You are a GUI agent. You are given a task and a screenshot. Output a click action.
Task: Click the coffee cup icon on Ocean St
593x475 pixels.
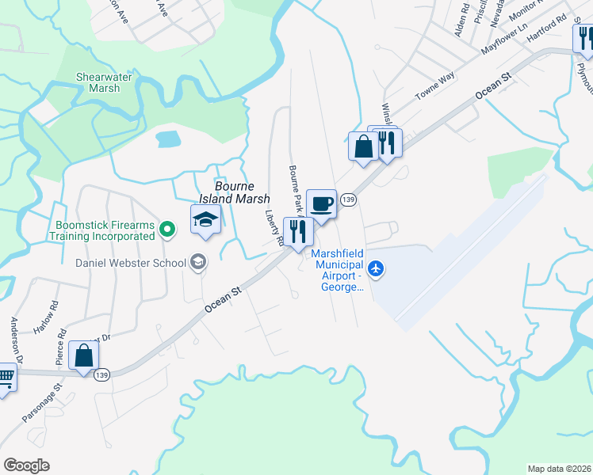click(x=321, y=204)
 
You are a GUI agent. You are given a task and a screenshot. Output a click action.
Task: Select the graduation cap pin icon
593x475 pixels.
click(x=205, y=219)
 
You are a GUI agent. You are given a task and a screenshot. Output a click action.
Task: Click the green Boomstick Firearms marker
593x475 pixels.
click(x=166, y=230)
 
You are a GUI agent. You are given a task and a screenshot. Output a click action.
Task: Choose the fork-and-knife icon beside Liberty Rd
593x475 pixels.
click(x=299, y=231)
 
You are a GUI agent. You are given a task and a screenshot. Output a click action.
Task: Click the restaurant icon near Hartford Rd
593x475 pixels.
click(x=583, y=38)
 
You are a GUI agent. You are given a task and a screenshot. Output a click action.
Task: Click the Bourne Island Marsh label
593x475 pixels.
click(x=233, y=193)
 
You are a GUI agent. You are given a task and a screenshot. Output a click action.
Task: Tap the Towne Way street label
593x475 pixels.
click(x=436, y=86)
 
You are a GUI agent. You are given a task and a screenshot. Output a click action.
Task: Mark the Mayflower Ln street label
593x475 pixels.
click(x=505, y=39)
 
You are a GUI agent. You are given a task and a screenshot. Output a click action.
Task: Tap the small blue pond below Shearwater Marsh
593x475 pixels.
click(x=169, y=139)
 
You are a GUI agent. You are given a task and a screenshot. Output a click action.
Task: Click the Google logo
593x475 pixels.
click(x=26, y=465)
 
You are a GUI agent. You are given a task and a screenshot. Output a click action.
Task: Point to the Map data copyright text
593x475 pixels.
click(x=560, y=469)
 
